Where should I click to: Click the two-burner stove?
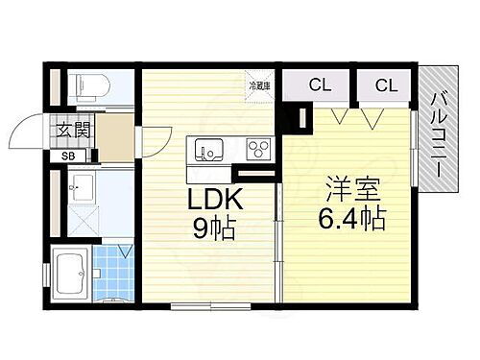[258, 150]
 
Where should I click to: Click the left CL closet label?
[319, 86]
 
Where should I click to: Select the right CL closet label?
[385, 86]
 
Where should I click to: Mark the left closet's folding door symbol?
[338, 116]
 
